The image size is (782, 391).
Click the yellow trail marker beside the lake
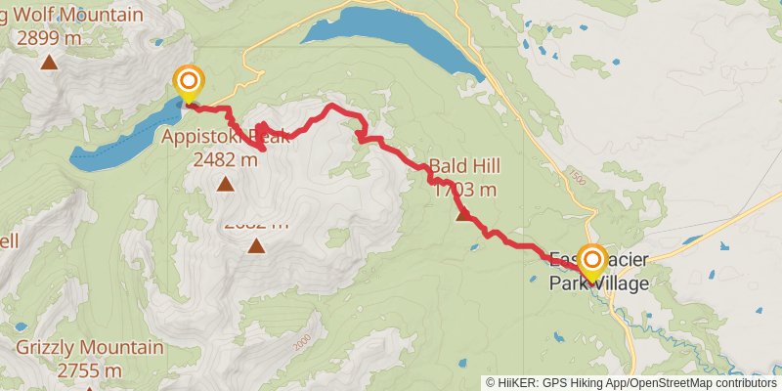click(x=187, y=82)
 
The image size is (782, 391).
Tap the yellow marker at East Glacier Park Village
click(x=591, y=261)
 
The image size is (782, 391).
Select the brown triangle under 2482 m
click(x=226, y=184)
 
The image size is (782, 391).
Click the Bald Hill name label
click(x=465, y=167)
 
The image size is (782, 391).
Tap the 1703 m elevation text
click(x=465, y=189)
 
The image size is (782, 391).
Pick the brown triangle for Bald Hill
click(x=463, y=215)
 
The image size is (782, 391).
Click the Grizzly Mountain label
click(x=89, y=348)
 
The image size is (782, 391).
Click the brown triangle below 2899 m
click(x=49, y=64)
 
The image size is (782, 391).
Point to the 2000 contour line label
click(x=301, y=342)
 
